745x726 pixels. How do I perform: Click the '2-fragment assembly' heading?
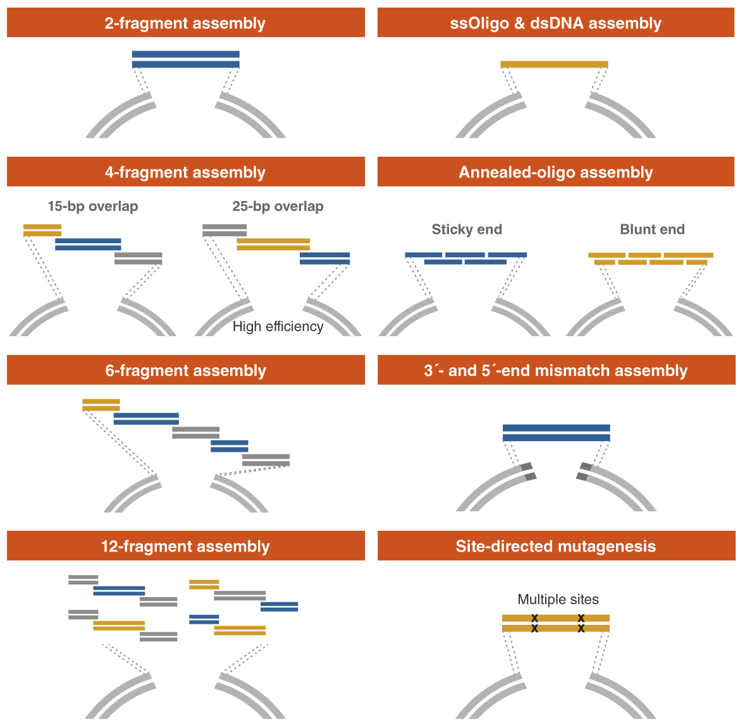click(x=185, y=23)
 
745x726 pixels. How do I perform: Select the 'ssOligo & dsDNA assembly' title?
click(x=556, y=23)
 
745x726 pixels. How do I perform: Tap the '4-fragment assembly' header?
click(x=185, y=172)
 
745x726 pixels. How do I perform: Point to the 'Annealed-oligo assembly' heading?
click(x=556, y=172)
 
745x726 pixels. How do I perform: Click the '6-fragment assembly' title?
click(x=185, y=371)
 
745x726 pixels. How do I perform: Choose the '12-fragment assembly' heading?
click(x=185, y=547)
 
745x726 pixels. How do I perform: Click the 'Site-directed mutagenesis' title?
click(x=556, y=547)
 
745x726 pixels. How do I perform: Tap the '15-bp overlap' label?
click(x=93, y=207)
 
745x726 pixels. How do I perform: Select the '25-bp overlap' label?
click(x=278, y=207)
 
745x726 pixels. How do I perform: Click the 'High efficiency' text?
click(x=278, y=327)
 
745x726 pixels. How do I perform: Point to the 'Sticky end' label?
click(x=467, y=229)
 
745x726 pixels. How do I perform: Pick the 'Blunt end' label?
click(x=652, y=229)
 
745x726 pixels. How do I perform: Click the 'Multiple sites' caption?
click(x=558, y=600)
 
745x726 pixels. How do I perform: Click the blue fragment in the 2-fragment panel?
click(x=185, y=59)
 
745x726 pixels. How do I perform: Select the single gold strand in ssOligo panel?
click(x=554, y=64)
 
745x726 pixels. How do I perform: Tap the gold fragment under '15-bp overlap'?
click(x=42, y=230)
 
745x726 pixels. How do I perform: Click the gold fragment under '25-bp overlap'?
click(x=273, y=244)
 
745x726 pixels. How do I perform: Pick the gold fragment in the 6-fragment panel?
click(x=101, y=405)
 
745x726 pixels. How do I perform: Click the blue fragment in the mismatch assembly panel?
click(x=556, y=433)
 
